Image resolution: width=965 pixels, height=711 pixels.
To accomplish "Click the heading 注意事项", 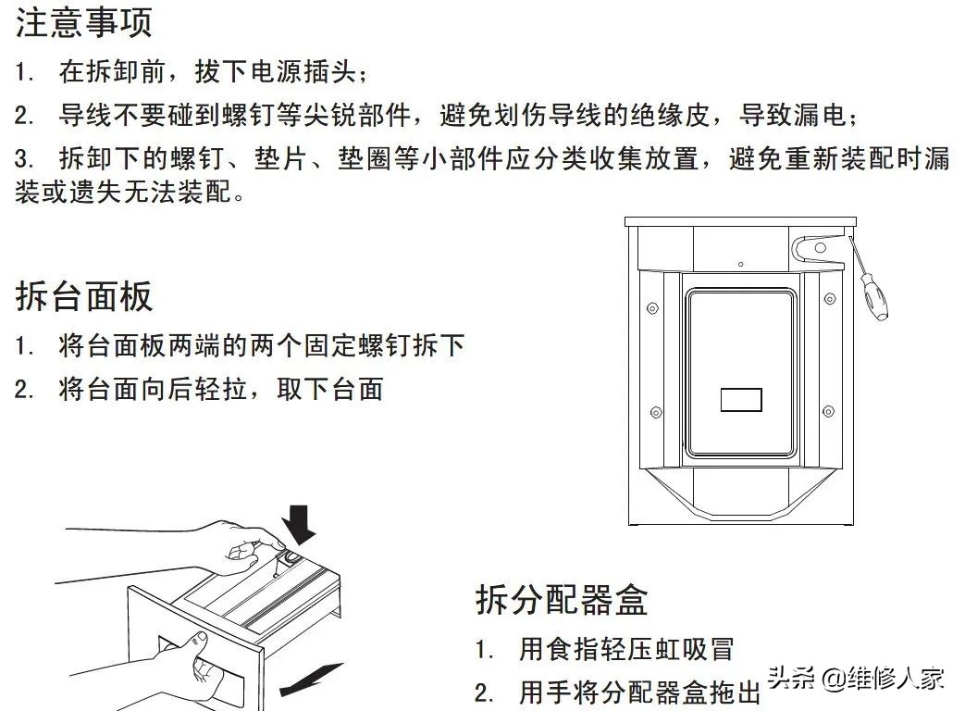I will coord(83,22).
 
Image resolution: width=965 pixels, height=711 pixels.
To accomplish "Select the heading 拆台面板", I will coord(83,296).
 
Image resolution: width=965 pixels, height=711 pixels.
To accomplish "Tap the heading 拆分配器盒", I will coord(562,599).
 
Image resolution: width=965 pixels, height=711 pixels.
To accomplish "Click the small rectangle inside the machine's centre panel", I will coord(741,400).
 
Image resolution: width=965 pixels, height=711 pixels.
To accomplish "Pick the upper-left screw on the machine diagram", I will coord(653,307).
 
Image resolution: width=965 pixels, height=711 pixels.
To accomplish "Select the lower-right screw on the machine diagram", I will coord(829,412).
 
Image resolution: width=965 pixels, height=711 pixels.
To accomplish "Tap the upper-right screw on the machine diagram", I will coord(829,299).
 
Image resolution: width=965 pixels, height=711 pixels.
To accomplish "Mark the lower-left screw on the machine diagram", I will coord(654,412).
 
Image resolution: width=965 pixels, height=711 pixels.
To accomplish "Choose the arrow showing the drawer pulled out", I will coord(310,680).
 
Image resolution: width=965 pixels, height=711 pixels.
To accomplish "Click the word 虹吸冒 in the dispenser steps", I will coord(699,648).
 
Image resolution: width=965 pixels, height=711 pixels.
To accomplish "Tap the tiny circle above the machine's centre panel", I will coord(740,265).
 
